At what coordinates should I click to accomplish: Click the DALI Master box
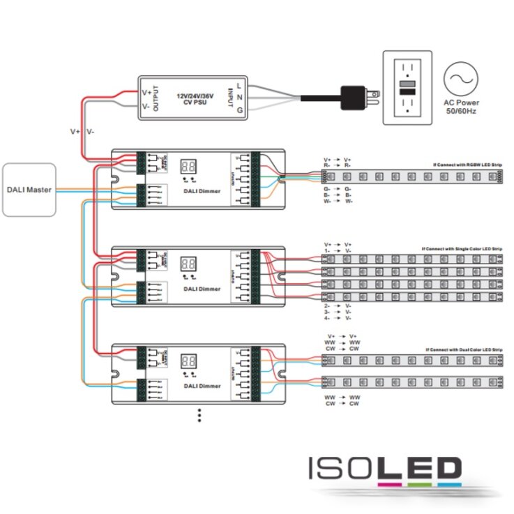tap(29, 189)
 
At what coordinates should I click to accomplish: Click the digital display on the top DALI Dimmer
tap(188, 167)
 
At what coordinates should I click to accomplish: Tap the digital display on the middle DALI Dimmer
tap(188, 264)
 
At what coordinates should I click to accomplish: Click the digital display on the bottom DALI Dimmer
tap(188, 362)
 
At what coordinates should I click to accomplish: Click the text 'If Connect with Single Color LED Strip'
tap(462, 249)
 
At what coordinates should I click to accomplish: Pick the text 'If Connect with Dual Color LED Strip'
tap(463, 349)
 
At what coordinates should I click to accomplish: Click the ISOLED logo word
tap(385, 468)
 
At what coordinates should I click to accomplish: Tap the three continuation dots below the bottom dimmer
tap(199, 415)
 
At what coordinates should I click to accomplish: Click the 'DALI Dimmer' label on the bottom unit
tap(202, 386)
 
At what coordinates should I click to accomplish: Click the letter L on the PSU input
tap(239, 86)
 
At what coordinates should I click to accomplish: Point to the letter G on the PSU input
tap(239, 111)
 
